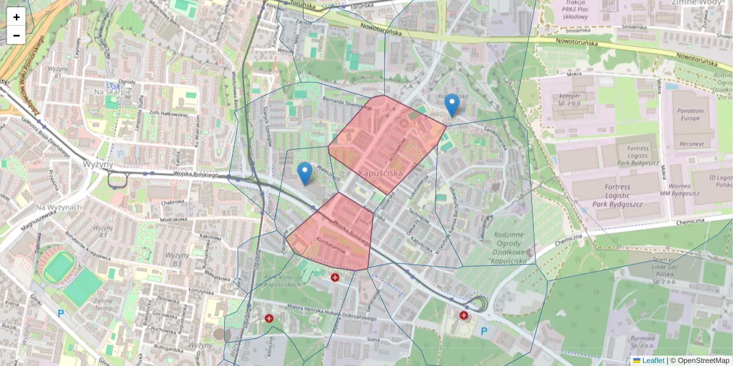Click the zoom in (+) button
coord(16,17)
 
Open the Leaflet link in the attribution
coord(652,361)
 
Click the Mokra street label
coord(574,74)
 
